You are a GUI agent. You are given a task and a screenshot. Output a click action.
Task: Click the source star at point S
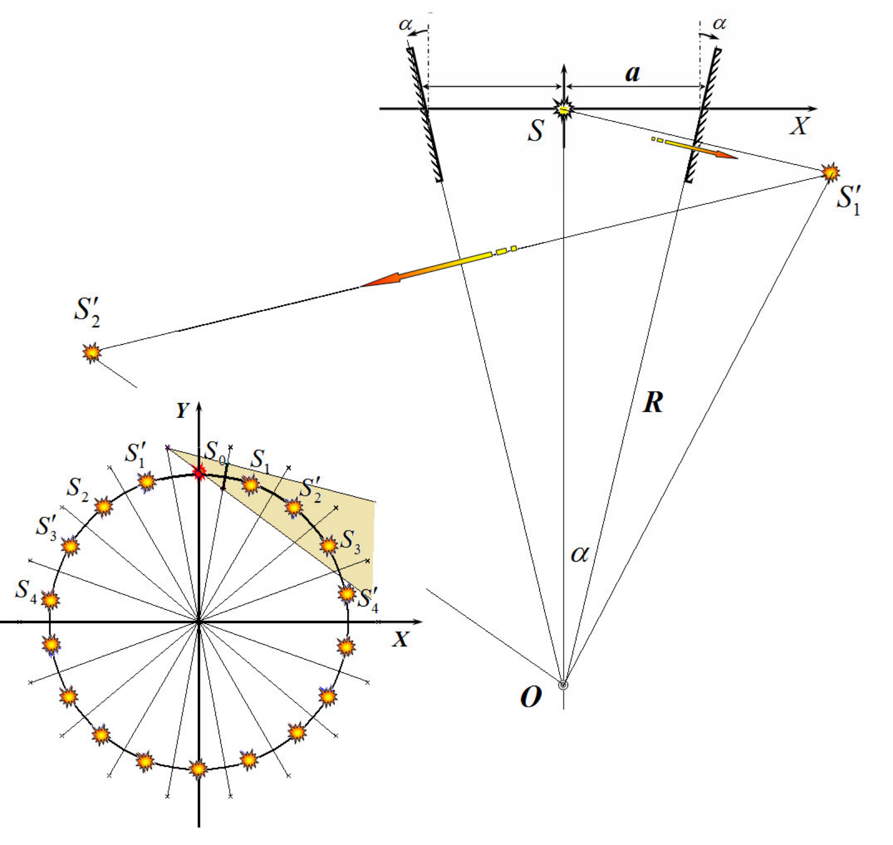click(564, 109)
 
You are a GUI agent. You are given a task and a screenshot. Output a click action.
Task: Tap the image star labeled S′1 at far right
click(830, 172)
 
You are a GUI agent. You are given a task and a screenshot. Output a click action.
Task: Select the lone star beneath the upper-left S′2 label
click(92, 352)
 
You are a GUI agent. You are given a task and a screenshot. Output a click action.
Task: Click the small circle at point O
click(563, 685)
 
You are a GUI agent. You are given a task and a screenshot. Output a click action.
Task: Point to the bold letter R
click(653, 402)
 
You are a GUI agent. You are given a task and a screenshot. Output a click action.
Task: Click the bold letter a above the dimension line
click(632, 74)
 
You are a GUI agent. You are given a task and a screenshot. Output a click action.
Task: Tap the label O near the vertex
click(530, 696)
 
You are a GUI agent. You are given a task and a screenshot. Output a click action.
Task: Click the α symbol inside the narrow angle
click(580, 553)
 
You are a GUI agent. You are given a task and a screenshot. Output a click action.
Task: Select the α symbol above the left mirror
click(406, 25)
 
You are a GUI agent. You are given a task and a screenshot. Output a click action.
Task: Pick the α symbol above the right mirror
click(719, 24)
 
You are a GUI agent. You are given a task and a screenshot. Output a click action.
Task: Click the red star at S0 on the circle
click(199, 473)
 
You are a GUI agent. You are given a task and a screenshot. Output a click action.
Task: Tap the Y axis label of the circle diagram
click(183, 410)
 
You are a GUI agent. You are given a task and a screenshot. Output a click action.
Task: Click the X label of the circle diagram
click(400, 639)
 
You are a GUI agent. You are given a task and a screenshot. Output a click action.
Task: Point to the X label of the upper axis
click(799, 126)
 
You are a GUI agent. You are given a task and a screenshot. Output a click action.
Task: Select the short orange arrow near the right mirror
click(695, 148)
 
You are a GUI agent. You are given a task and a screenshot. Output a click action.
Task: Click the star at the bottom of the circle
click(198, 769)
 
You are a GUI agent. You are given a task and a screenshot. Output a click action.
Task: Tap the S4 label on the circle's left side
click(25, 590)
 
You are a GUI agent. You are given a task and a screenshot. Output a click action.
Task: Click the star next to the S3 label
click(329, 546)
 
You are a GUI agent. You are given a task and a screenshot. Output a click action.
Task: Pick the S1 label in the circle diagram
click(260, 460)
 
